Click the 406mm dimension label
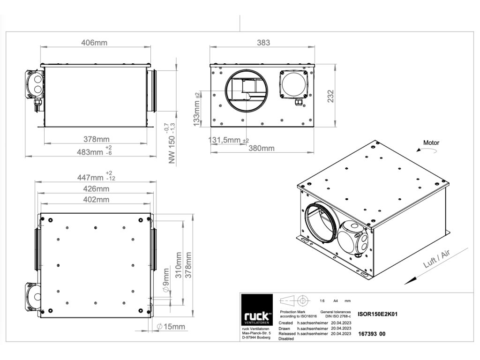[94, 43]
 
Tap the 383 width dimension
[264, 43]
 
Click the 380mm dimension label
[261, 149]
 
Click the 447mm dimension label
[90, 178]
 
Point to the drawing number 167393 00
[372, 334]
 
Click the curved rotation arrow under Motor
[426, 150]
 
